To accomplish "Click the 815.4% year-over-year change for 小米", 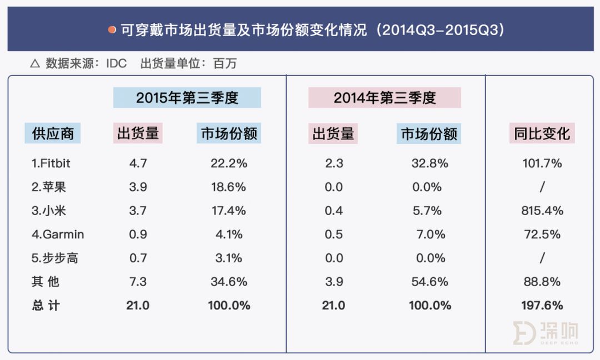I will click(542, 211).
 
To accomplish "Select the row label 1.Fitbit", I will click(51, 163).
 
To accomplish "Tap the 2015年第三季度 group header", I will click(187, 98).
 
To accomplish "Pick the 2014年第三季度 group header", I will click(384, 98).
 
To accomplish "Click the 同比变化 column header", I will click(542, 133).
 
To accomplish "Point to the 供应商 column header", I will click(53, 133).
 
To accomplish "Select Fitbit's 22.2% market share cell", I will click(228, 163).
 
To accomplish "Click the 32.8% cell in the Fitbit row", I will click(428, 163).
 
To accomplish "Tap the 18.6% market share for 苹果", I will click(228, 187).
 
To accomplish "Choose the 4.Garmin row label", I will click(58, 234).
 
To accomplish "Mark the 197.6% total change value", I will click(542, 306).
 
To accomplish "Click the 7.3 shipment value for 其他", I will click(138, 282).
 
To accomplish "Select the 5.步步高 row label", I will click(55, 258).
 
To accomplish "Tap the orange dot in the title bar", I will click(112, 29).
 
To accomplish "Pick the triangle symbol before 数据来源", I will click(34, 64).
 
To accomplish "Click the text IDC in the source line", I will click(117, 64).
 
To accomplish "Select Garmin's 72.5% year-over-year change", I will click(542, 234).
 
